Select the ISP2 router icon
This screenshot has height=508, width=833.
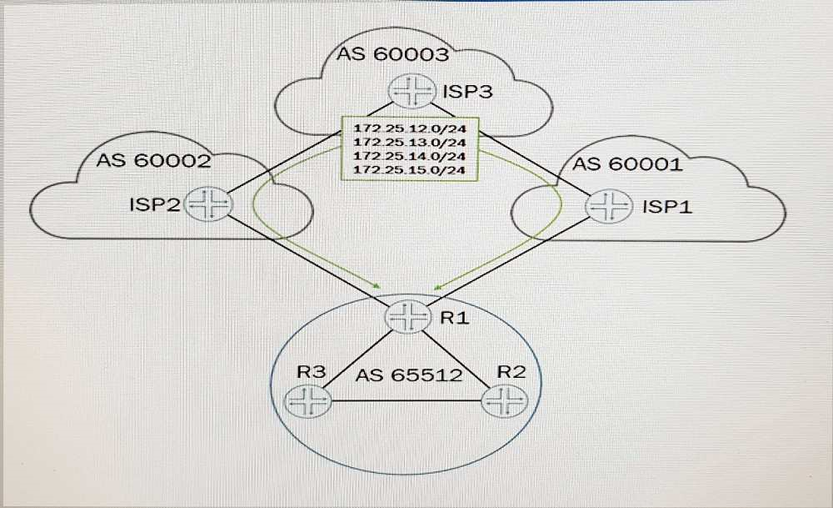[206, 204]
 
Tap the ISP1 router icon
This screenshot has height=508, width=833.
[611, 205]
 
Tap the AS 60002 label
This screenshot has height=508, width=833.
[152, 160]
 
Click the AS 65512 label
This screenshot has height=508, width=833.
[408, 375]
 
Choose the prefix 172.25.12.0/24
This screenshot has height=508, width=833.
[409, 130]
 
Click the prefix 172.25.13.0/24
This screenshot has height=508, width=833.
[409, 143]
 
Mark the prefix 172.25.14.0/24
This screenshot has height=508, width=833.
[409, 157]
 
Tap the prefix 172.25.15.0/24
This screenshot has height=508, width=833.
[409, 170]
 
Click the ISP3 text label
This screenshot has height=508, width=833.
[468, 91]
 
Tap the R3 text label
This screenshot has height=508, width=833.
[311, 372]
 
